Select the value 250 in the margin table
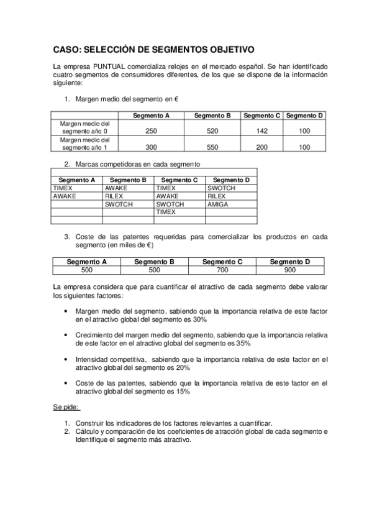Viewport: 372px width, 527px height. pos(151,131)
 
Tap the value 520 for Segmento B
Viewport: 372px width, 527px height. pos(212,131)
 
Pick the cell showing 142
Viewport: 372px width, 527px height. pos(261,131)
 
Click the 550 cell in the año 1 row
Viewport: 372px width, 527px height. pos(212,147)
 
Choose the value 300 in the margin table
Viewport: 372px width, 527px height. pos(151,147)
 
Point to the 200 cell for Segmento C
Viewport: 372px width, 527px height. pos(261,147)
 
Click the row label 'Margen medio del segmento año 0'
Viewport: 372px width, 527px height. pos(84,127)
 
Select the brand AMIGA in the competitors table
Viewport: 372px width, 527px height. pos(217,204)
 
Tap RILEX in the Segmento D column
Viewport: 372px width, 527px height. pos(217,196)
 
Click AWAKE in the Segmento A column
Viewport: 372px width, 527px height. pos(64,196)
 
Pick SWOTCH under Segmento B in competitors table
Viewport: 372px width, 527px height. pos(118,204)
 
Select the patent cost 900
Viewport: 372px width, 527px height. pos(289,271)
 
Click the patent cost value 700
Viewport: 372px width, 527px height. pos(222,271)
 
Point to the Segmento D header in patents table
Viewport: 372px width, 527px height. pos(289,262)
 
